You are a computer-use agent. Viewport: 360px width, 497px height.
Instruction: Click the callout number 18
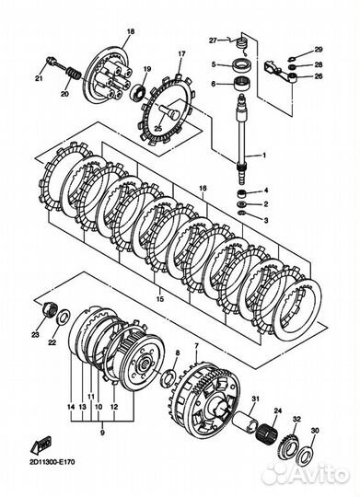pyautogui.click(x=130, y=32)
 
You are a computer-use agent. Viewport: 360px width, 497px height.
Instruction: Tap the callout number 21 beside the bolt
pyautogui.click(x=39, y=80)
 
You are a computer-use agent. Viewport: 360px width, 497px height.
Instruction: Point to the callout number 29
pyautogui.click(x=319, y=49)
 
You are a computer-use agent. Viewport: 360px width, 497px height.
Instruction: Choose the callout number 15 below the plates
pyautogui.click(x=162, y=300)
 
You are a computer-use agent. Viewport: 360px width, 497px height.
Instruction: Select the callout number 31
pyautogui.click(x=255, y=399)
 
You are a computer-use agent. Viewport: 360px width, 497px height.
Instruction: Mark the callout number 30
pyautogui.click(x=314, y=432)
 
